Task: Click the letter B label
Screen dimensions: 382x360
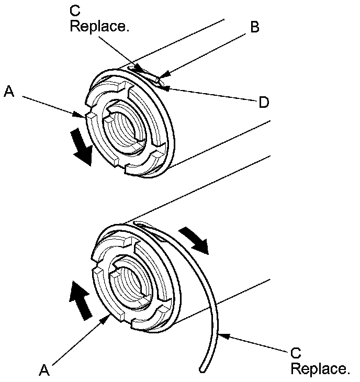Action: (254, 27)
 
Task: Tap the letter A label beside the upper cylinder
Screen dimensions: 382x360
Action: (8, 93)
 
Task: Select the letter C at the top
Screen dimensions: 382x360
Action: (74, 10)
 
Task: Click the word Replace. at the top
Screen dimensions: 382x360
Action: (99, 26)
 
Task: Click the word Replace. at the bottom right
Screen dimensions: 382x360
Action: (320, 369)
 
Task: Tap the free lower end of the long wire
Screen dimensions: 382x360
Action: (201, 370)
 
